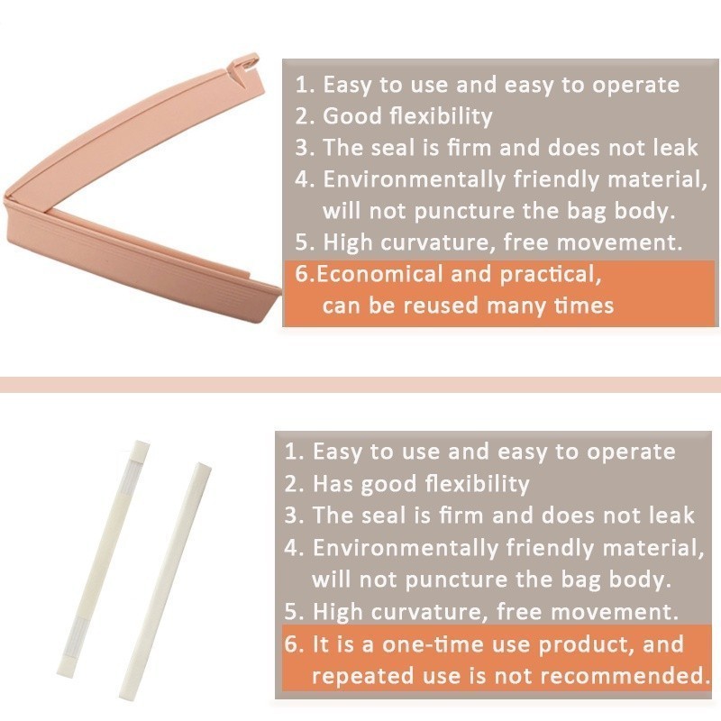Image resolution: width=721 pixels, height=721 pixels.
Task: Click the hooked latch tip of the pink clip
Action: point(250,62)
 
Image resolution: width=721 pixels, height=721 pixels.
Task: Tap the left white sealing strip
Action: point(104,558)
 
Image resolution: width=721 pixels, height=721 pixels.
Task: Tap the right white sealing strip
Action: point(165,581)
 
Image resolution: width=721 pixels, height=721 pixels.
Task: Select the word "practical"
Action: point(551,275)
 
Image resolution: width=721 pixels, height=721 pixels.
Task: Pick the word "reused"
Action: point(440,306)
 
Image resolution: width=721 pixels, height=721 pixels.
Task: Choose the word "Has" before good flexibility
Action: point(333,484)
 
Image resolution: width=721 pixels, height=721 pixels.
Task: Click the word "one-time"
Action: point(433,644)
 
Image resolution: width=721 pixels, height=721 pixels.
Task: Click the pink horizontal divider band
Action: point(360,385)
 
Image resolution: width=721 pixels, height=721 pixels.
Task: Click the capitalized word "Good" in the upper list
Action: point(352,116)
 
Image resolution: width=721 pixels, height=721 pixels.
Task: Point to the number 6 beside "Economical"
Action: point(303,274)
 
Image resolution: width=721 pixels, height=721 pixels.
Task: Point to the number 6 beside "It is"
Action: point(293,644)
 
